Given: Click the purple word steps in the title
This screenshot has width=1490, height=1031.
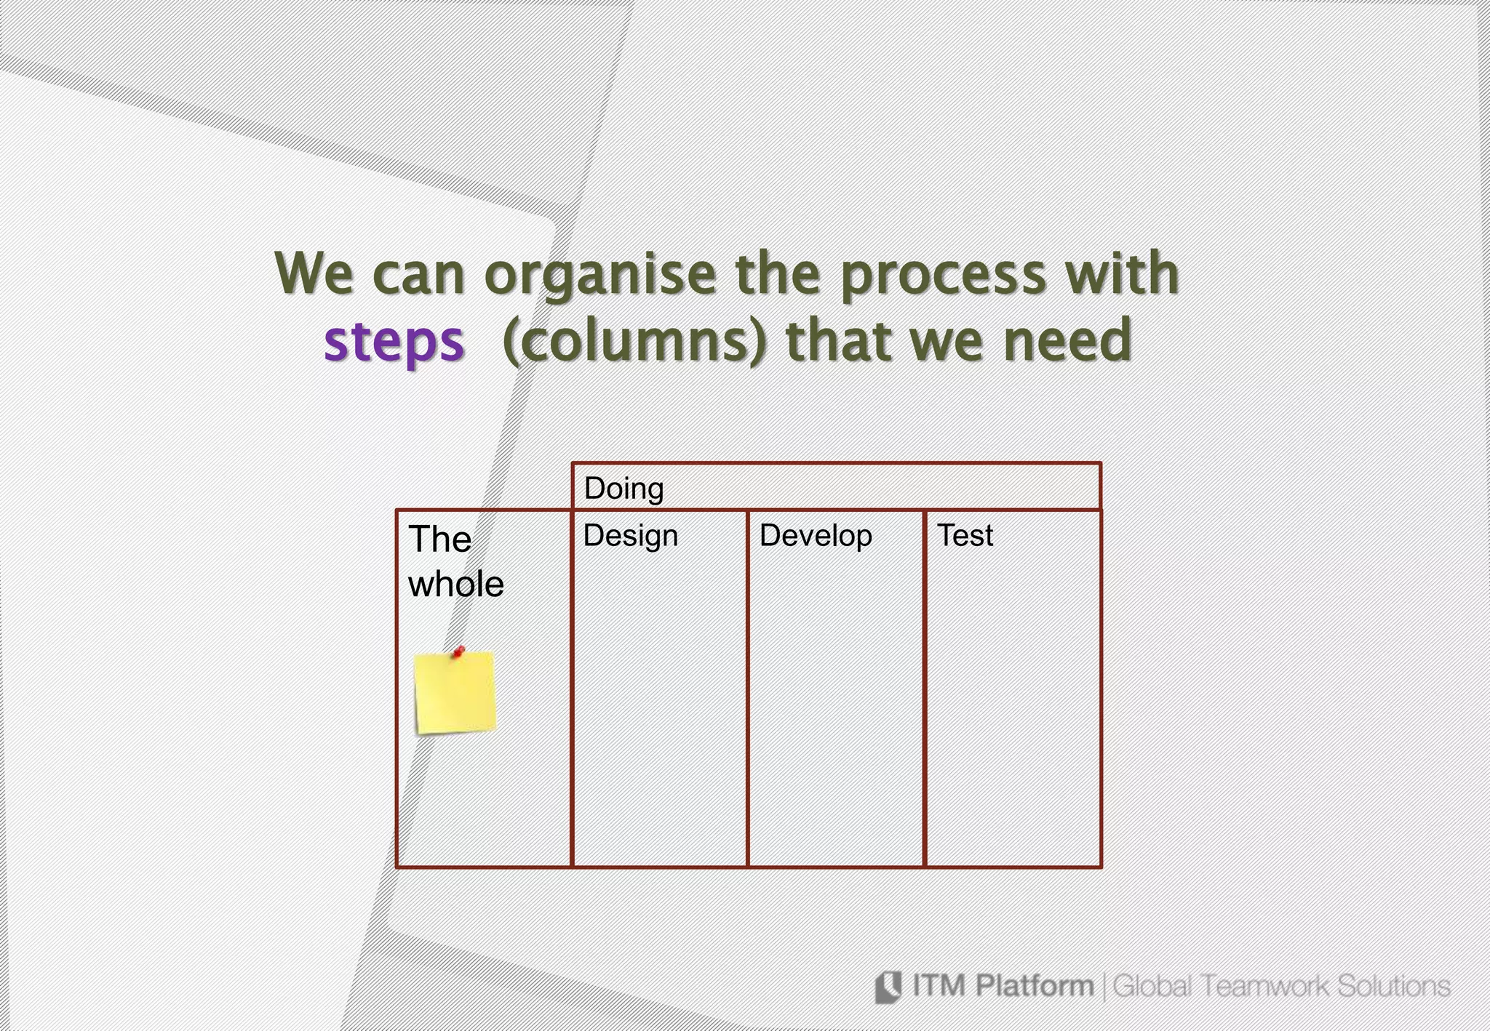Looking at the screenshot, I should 394,342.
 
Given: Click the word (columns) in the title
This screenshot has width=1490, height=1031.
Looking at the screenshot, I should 634,342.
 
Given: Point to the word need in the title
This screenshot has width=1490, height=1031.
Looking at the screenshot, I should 1067,340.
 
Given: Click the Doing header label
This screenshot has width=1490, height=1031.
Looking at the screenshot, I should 624,489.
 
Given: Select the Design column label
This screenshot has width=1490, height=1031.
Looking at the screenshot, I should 630,537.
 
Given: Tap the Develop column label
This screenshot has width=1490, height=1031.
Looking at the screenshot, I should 816,537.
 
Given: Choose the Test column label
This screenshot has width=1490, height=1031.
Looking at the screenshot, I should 965,536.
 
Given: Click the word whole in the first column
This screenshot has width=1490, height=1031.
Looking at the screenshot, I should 456,584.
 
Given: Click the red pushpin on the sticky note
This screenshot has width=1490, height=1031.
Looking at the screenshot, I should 458,651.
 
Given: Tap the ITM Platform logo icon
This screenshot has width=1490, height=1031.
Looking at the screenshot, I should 888,987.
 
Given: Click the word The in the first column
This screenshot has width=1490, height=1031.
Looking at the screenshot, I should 439,539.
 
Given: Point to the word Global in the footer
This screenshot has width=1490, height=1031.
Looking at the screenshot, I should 1152,987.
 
